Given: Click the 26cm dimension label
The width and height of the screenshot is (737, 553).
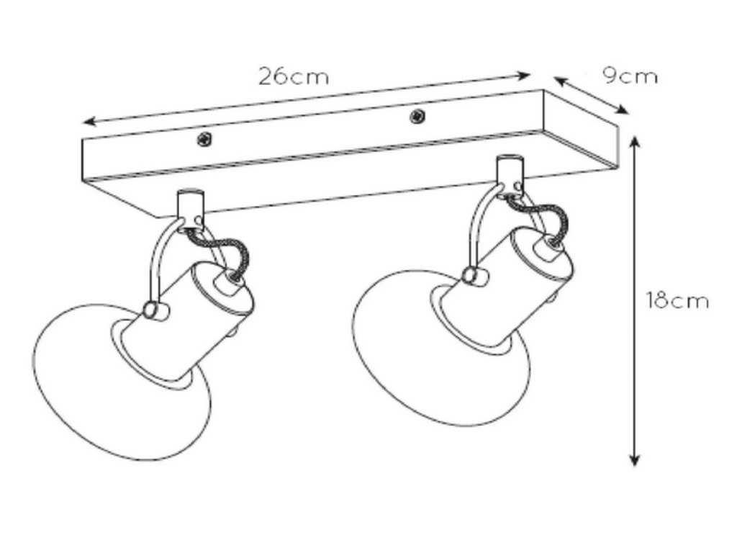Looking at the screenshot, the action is click(x=294, y=76).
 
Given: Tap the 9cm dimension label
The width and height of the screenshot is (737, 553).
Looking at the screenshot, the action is click(x=630, y=76).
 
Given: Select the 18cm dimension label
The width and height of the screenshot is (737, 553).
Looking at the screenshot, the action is click(x=677, y=300).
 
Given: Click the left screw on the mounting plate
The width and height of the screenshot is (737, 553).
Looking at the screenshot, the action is click(x=204, y=139).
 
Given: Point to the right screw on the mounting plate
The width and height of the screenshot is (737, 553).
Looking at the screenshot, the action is click(x=417, y=116).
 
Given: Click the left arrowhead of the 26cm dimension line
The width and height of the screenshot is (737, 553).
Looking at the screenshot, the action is click(x=89, y=122).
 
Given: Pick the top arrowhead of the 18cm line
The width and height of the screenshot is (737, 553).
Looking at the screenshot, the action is click(x=635, y=141).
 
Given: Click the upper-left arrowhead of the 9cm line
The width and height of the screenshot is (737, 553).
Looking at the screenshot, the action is click(x=559, y=81).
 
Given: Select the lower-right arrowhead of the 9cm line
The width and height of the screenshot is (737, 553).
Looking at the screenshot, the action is click(x=622, y=109).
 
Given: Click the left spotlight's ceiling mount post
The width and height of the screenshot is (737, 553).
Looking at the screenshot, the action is click(x=190, y=207).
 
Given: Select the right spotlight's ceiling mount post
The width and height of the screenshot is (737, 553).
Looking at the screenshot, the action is click(x=510, y=172).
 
